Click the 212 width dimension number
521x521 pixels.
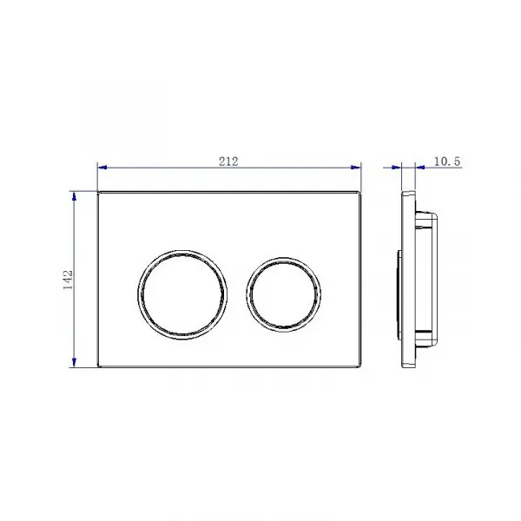[228, 162]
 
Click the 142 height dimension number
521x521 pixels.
[68, 280]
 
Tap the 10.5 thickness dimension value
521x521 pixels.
[447, 162]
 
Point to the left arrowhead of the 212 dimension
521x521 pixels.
[102, 167]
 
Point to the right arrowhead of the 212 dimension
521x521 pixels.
[356, 167]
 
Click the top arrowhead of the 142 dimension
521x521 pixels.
[74, 196]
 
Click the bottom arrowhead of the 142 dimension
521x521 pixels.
[74, 362]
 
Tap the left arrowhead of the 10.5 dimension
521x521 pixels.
[397, 167]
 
